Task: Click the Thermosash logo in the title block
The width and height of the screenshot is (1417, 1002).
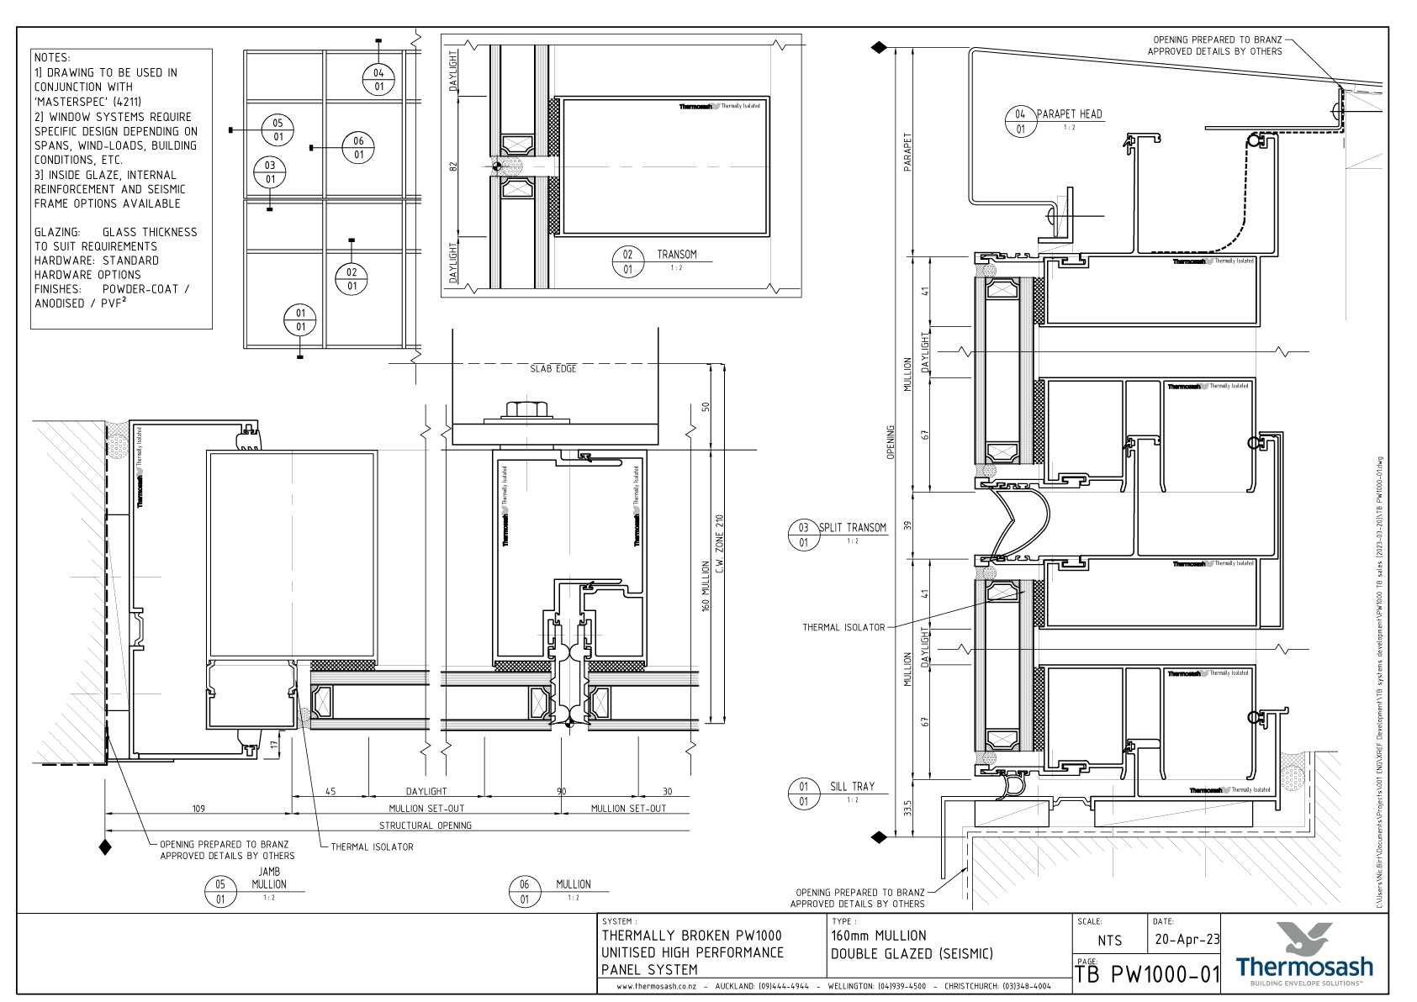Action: point(1303,955)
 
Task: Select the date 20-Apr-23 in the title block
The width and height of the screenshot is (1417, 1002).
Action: point(1187,940)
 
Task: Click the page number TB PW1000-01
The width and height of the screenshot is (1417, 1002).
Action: point(1147,975)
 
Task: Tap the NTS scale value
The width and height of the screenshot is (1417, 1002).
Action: point(1109,941)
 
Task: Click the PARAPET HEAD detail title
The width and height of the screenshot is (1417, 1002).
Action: point(1069,114)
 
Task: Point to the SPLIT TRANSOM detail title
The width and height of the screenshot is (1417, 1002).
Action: point(853,528)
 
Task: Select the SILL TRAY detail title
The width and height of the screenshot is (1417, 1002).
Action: point(852,787)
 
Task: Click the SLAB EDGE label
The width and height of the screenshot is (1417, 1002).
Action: point(553,369)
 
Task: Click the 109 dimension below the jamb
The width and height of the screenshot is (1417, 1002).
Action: point(198,809)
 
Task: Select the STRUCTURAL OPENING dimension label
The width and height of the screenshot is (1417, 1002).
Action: point(425,825)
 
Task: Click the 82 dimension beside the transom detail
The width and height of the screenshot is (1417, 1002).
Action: point(453,167)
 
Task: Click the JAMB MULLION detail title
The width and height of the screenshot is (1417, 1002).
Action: point(269,878)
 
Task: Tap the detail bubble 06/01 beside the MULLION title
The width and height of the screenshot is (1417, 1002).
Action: point(525,892)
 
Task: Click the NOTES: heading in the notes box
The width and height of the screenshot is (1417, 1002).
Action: point(52,58)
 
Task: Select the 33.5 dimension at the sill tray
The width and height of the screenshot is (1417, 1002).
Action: point(907,810)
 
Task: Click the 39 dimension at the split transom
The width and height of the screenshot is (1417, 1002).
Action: point(907,525)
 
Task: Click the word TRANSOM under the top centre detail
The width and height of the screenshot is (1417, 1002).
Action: point(676,255)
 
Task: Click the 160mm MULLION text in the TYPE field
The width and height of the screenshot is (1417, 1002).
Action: point(879,936)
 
